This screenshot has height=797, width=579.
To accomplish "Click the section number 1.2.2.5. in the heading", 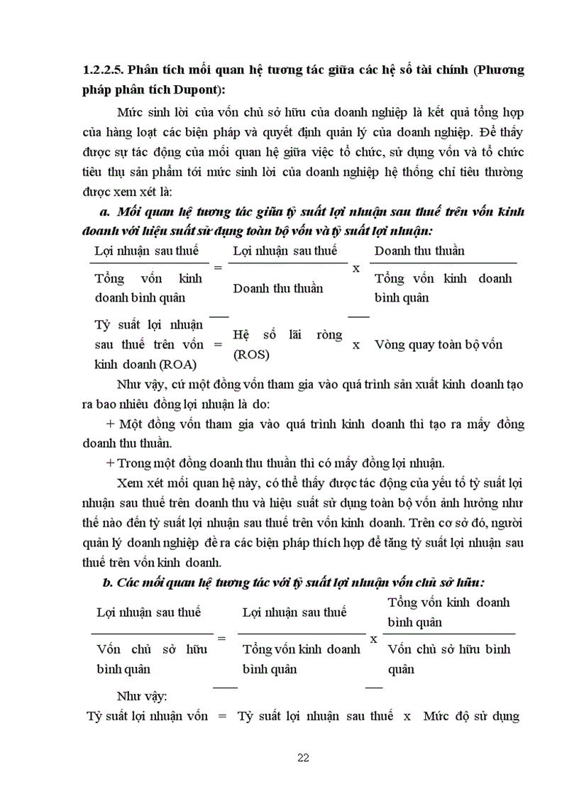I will click(106, 70).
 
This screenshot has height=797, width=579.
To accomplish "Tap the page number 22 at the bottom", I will click(303, 758).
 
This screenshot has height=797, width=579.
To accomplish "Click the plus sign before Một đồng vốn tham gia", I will click(109, 424).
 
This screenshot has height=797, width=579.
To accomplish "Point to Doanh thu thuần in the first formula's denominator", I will click(277, 288).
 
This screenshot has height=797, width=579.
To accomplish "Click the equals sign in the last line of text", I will click(221, 716).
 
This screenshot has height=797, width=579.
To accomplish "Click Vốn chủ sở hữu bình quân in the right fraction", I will click(448, 659).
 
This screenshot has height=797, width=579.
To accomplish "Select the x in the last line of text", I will click(407, 716).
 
